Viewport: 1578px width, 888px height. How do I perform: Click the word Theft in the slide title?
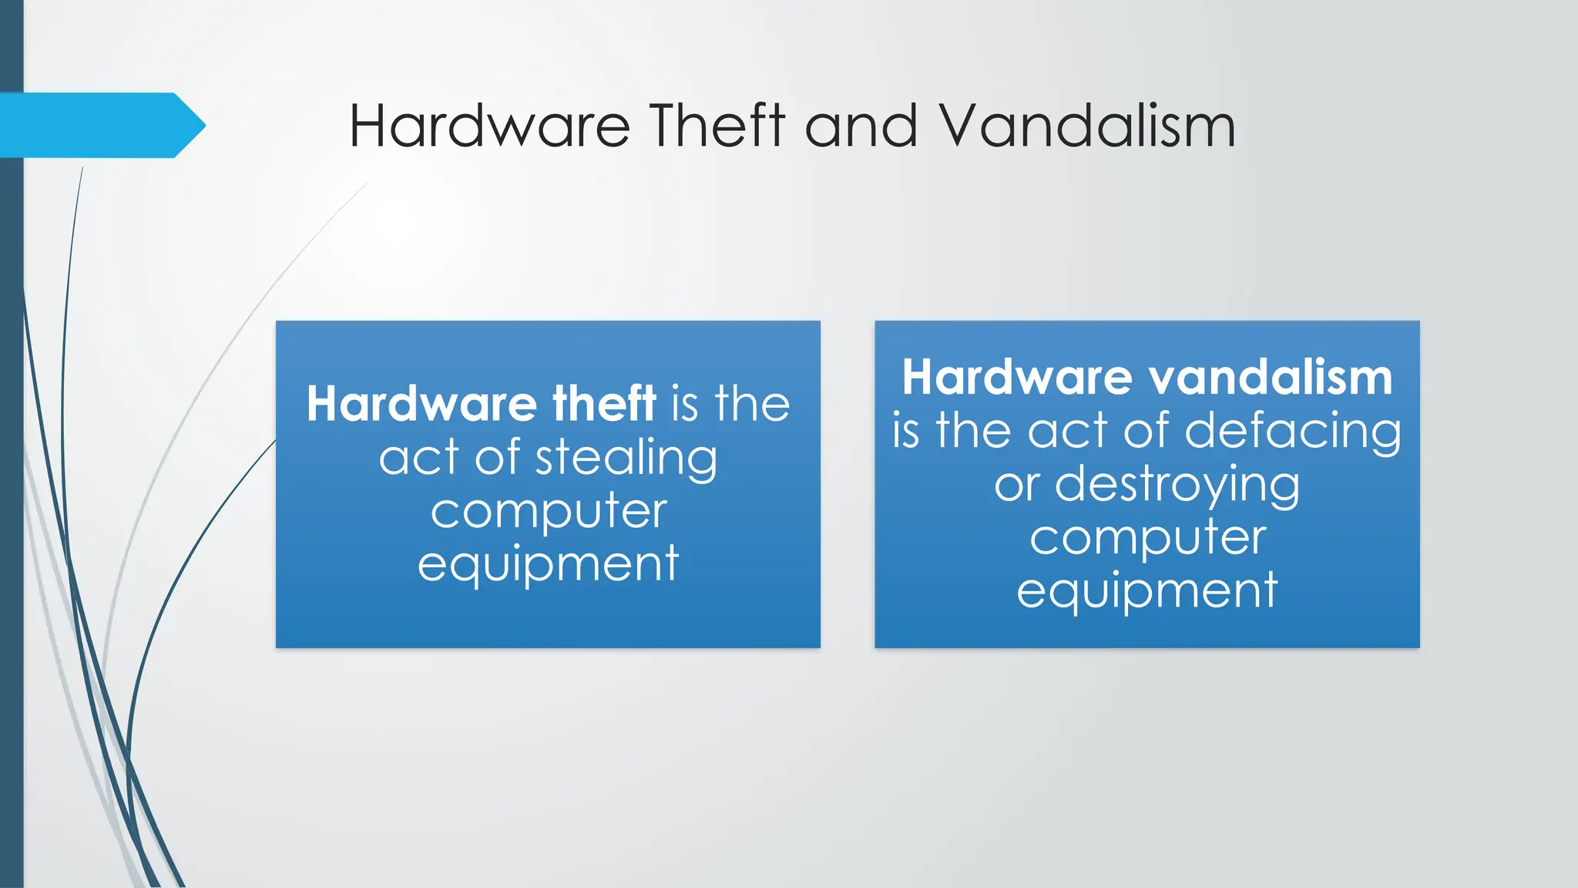point(717,126)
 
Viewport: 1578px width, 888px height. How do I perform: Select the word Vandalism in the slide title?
point(1086,126)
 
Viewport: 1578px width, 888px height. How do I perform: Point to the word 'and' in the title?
point(861,126)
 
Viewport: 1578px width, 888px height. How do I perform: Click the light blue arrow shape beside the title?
point(100,125)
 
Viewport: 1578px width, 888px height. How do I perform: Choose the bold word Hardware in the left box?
point(421,403)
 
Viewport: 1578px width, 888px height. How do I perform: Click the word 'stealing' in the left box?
point(626,458)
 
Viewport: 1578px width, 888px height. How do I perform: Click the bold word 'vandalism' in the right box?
point(1271,377)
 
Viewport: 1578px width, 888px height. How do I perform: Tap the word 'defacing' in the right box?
point(1293,430)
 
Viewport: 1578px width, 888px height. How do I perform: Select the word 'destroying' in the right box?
point(1177,484)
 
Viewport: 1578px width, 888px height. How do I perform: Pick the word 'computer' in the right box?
point(1148,537)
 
